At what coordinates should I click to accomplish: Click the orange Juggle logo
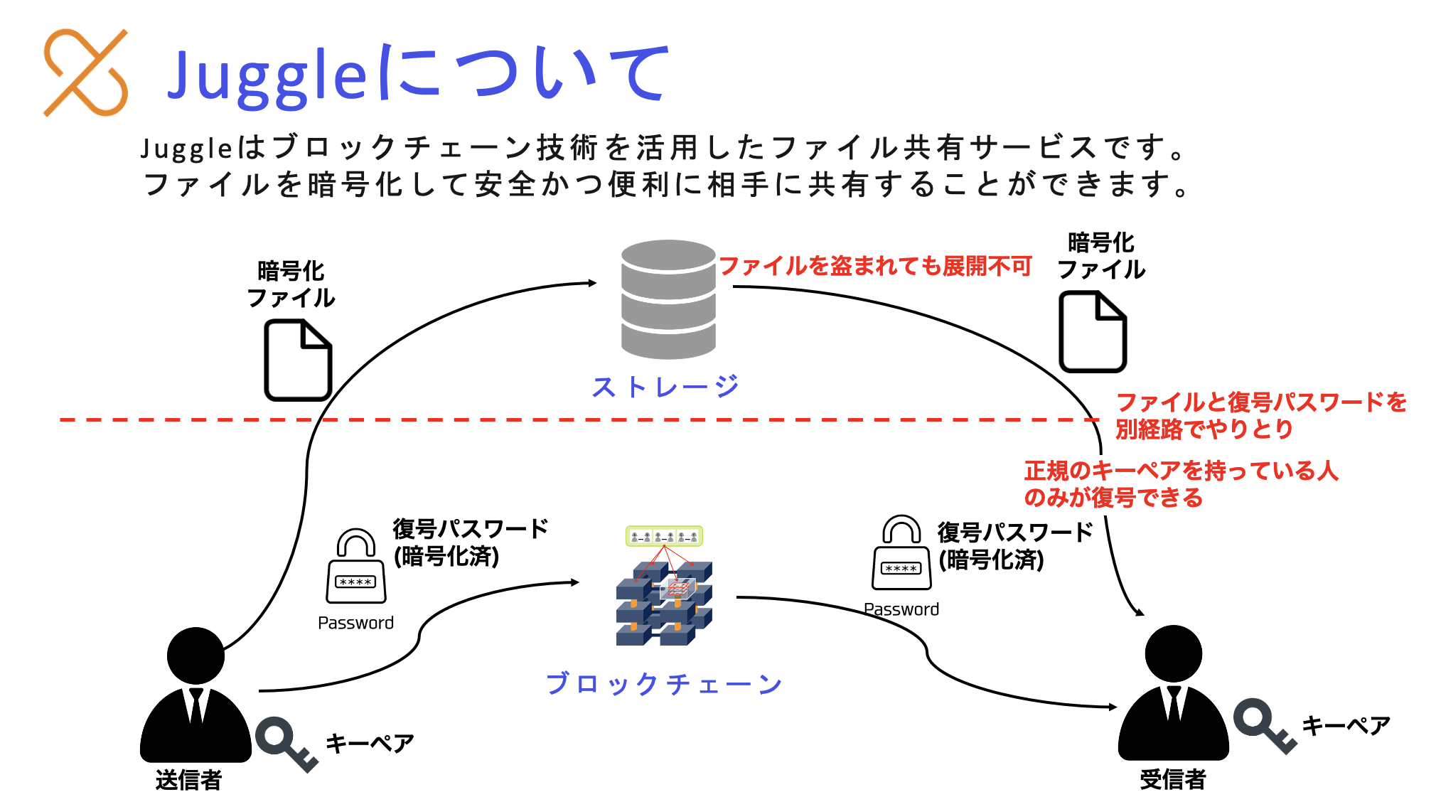click(x=86, y=73)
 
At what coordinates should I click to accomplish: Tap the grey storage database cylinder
click(x=668, y=299)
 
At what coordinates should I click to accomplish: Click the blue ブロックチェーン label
click(x=664, y=684)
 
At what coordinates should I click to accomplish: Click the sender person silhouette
click(x=195, y=697)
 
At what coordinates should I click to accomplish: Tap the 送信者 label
click(x=188, y=780)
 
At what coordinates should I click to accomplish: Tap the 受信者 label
click(x=1173, y=779)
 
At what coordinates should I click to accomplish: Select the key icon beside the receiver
click(x=1264, y=726)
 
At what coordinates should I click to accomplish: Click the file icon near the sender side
click(x=298, y=360)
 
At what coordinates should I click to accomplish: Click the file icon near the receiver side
click(x=1093, y=331)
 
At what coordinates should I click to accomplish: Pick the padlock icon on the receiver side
click(x=901, y=553)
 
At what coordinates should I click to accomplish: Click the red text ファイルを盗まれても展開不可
click(x=875, y=266)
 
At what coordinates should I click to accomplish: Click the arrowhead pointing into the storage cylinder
click(x=592, y=283)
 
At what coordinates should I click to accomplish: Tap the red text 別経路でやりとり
click(x=1204, y=429)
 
